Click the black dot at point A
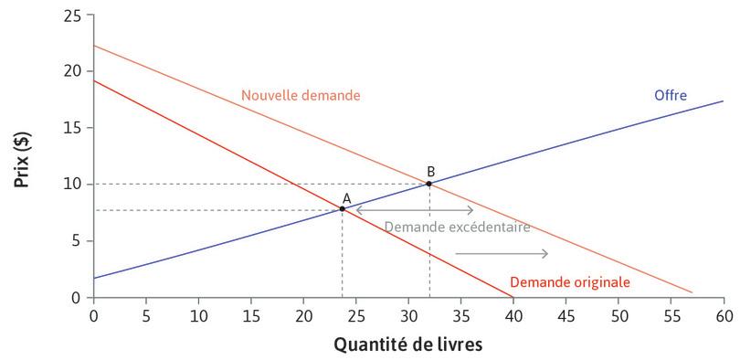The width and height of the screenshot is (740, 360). coord(343,208)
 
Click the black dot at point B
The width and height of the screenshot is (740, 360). coord(429,184)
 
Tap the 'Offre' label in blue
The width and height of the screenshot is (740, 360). coord(670,95)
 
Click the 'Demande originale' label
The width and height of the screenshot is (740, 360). coord(569,282)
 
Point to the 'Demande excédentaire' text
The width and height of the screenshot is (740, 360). coord(457,227)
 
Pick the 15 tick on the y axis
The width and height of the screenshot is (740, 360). coord(72,128)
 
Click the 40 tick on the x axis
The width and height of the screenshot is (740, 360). coord(513,314)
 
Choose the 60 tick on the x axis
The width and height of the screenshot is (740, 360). coord(724,314)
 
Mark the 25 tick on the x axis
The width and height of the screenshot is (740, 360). coord(355,314)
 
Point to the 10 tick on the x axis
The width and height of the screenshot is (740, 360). coord(198,314)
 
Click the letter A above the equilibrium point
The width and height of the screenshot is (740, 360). coord(346,196)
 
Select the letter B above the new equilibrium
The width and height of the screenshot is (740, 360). coord(430,171)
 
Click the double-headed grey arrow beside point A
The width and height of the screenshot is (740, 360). coord(414,210)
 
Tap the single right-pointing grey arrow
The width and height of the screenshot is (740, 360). coord(502,253)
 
